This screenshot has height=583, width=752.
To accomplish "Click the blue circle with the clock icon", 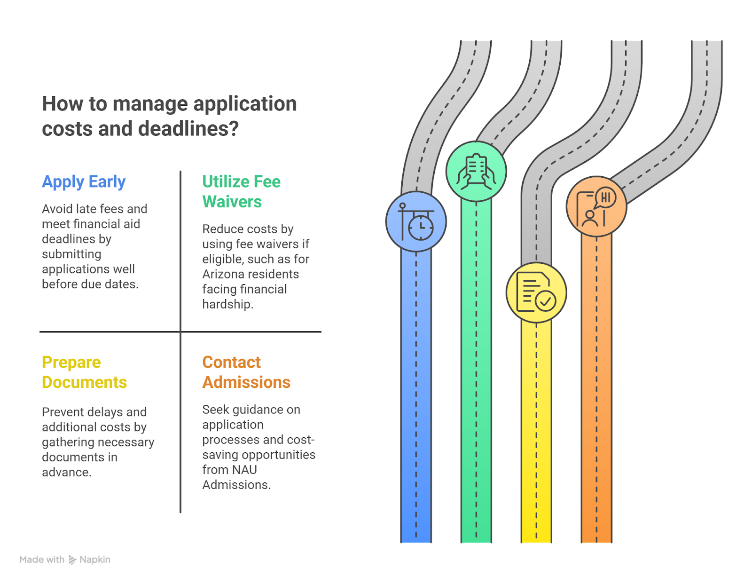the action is [415, 221].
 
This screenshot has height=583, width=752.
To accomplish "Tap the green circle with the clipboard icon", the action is [476, 171].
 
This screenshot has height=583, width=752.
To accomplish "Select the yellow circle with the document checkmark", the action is [536, 292].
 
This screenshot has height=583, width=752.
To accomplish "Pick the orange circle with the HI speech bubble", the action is [596, 206].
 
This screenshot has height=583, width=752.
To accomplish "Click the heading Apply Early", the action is [84, 182].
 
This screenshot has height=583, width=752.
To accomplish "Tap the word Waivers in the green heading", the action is [232, 202].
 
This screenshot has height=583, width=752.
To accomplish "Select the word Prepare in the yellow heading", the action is [71, 362].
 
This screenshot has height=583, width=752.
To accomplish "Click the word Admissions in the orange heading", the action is [246, 382].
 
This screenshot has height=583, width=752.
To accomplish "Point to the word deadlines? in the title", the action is [188, 128].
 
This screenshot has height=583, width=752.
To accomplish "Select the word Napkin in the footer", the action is [95, 559].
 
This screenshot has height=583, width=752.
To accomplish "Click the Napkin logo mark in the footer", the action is [72, 560].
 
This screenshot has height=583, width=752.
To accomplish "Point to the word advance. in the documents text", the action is [67, 472].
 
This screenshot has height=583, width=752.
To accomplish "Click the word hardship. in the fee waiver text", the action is [227, 304].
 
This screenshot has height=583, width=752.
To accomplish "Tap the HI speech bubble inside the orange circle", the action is [605, 197].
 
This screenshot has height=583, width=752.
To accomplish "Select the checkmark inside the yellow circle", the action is [545, 301].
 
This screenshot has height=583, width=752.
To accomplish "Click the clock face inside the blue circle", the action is [421, 228].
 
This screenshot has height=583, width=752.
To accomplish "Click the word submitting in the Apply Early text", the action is [71, 254].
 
